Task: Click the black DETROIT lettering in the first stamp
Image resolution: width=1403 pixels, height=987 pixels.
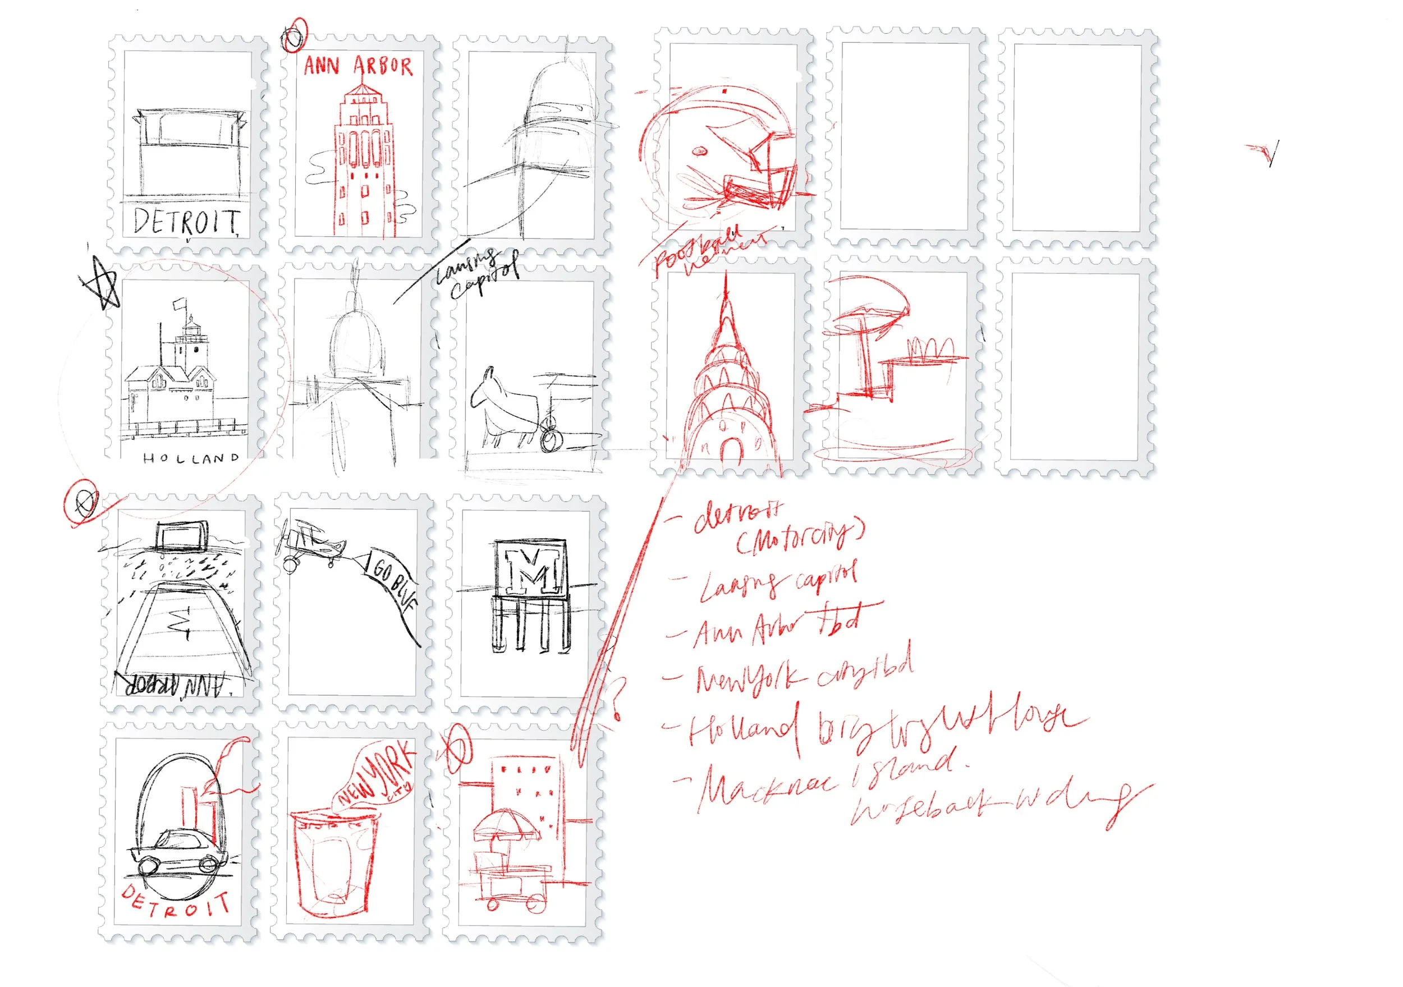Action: [x=186, y=222]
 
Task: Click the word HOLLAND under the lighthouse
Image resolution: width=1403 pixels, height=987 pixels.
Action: [x=191, y=458]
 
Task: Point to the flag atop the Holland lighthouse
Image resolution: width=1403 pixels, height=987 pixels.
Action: [x=179, y=303]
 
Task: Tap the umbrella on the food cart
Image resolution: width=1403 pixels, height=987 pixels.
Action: [x=506, y=824]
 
